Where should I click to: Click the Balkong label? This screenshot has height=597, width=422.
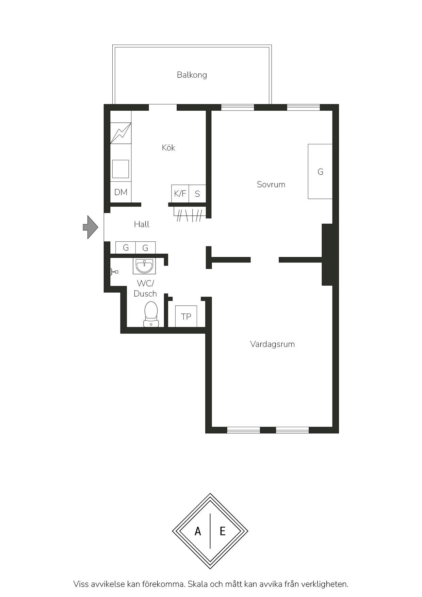click(192, 75)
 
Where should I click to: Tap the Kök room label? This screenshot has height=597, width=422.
click(168, 147)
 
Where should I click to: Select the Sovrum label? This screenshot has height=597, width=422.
click(271, 184)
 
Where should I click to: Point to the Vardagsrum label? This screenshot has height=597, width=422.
click(272, 344)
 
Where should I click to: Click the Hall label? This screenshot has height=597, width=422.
click(142, 224)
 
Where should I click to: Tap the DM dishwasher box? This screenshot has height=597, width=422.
click(121, 192)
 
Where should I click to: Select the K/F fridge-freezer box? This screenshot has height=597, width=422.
click(180, 193)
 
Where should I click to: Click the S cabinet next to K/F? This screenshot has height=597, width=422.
click(197, 193)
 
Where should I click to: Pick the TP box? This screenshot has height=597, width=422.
click(186, 317)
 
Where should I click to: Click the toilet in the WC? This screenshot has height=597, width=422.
click(151, 314)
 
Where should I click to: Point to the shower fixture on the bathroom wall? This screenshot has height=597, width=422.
click(114, 272)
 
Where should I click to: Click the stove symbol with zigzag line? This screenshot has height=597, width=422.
click(121, 133)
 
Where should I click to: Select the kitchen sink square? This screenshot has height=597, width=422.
click(120, 169)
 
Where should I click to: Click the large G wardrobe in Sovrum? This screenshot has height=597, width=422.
click(320, 172)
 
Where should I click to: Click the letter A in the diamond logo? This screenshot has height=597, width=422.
click(198, 531)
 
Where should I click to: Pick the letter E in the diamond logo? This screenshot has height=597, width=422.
click(223, 531)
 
